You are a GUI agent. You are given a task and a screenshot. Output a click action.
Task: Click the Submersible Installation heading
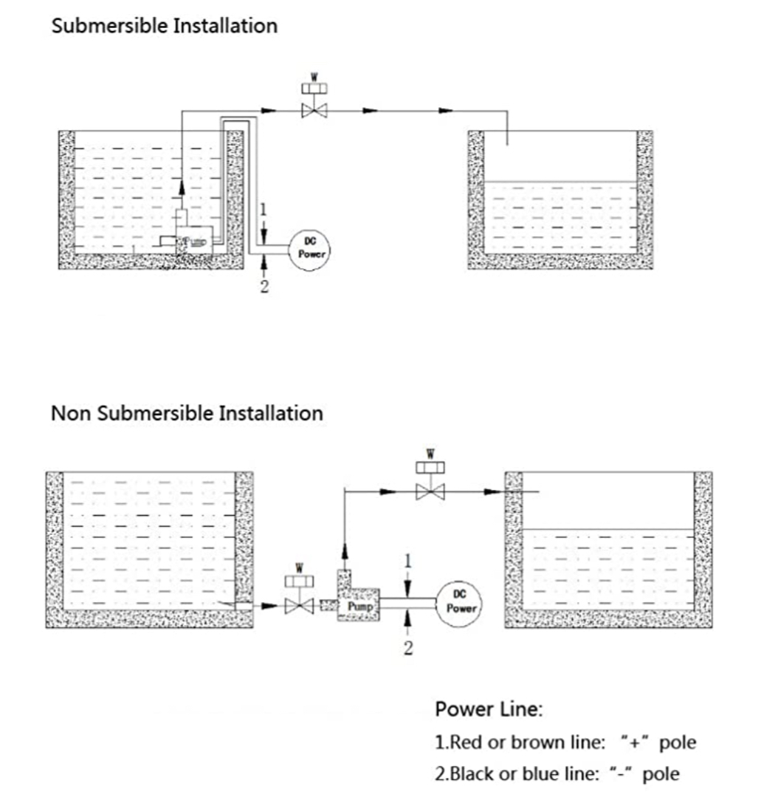[x=164, y=26]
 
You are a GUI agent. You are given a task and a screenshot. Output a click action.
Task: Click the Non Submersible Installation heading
[x=187, y=412]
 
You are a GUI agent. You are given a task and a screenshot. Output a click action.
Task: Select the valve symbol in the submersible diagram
[x=315, y=111]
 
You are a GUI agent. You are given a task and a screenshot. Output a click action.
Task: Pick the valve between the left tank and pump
[x=300, y=605]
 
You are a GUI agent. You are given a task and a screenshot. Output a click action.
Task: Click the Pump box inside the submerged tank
[x=193, y=241]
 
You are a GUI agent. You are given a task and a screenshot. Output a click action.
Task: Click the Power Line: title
[x=489, y=710]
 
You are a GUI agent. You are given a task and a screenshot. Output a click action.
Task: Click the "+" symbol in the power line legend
[x=631, y=741]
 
